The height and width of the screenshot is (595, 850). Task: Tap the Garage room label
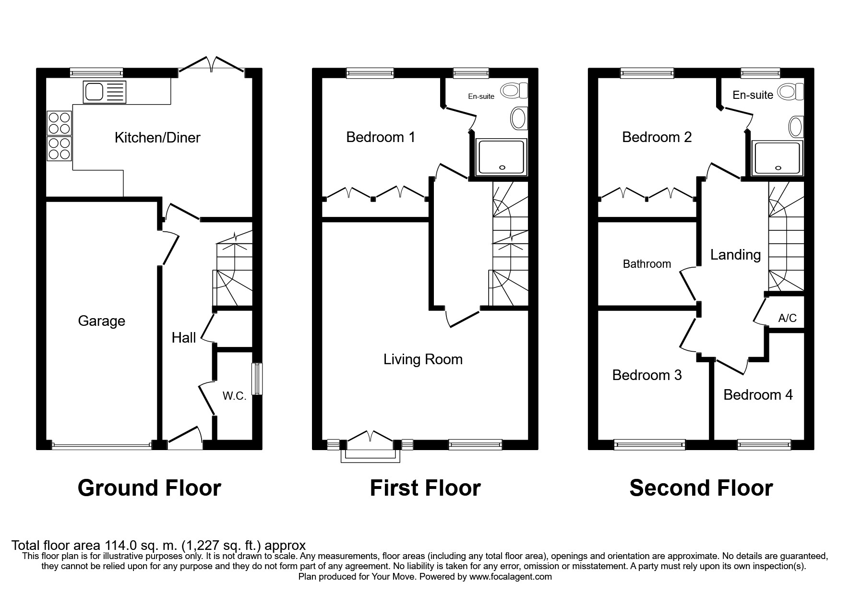pyautogui.click(x=101, y=321)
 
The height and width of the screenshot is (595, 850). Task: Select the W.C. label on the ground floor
pyautogui.click(x=234, y=396)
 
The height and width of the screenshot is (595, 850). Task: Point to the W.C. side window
pyautogui.click(x=258, y=378)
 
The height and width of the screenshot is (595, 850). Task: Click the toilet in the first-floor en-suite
pyautogui.click(x=501, y=90)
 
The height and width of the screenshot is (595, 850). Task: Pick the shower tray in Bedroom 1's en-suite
pyautogui.click(x=501, y=157)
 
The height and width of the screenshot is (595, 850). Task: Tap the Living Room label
pyautogui.click(x=423, y=359)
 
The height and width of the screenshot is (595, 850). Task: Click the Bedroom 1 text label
pyautogui.click(x=381, y=137)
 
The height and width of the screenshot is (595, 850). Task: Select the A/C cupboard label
pyautogui.click(x=787, y=318)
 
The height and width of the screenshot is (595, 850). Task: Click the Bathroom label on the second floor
pyautogui.click(x=646, y=264)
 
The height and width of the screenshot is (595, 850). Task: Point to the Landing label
pyautogui.click(x=735, y=255)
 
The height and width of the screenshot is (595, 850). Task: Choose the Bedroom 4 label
pyautogui.click(x=758, y=395)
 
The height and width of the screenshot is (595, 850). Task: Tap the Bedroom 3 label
pyautogui.click(x=646, y=375)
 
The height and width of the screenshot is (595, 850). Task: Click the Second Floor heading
pyautogui.click(x=701, y=488)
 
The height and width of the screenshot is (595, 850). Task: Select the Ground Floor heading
pyautogui.click(x=149, y=488)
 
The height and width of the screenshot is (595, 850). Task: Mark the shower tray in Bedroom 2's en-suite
pyautogui.click(x=778, y=158)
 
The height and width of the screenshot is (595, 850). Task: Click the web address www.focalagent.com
pyautogui.click(x=511, y=577)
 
